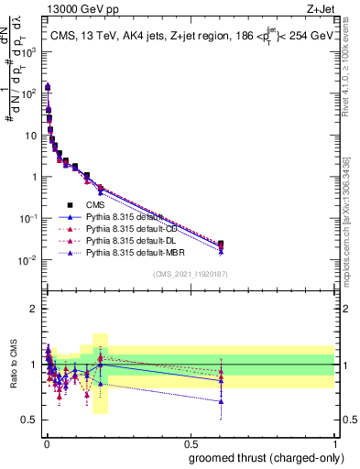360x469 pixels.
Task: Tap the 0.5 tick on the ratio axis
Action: pyautogui.click(x=29, y=420)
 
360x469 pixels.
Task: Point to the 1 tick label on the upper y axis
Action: pyautogui.click(x=33, y=177)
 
